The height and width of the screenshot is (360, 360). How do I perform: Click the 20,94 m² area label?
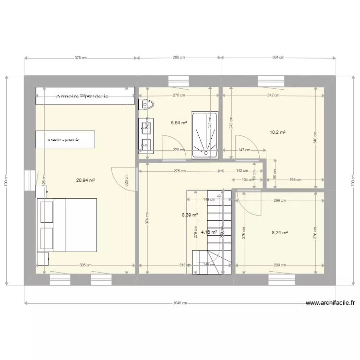click(85, 181)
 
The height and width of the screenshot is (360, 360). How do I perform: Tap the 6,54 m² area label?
click(178, 123)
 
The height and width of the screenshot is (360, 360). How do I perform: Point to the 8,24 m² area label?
click(279, 233)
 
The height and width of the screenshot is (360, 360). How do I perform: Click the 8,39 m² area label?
click(190, 215)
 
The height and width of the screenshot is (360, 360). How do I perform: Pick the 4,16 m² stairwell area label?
click(209, 232)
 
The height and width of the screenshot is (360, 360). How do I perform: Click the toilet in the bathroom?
click(146, 104)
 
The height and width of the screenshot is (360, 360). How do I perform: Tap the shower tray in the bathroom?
click(205, 134)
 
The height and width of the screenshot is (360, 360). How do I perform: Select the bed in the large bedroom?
click(67, 225)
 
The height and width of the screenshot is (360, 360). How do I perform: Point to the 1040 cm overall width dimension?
click(180, 303)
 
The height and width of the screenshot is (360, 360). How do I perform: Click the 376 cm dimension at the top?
click(81, 58)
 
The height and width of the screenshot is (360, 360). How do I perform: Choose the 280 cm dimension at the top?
click(179, 58)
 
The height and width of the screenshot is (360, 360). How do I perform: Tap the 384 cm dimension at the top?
click(278, 58)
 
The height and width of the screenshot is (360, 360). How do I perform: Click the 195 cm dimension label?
click(296, 180)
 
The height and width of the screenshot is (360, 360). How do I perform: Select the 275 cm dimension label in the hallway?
click(180, 171)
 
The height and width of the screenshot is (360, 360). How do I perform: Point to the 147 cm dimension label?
click(244, 150)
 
